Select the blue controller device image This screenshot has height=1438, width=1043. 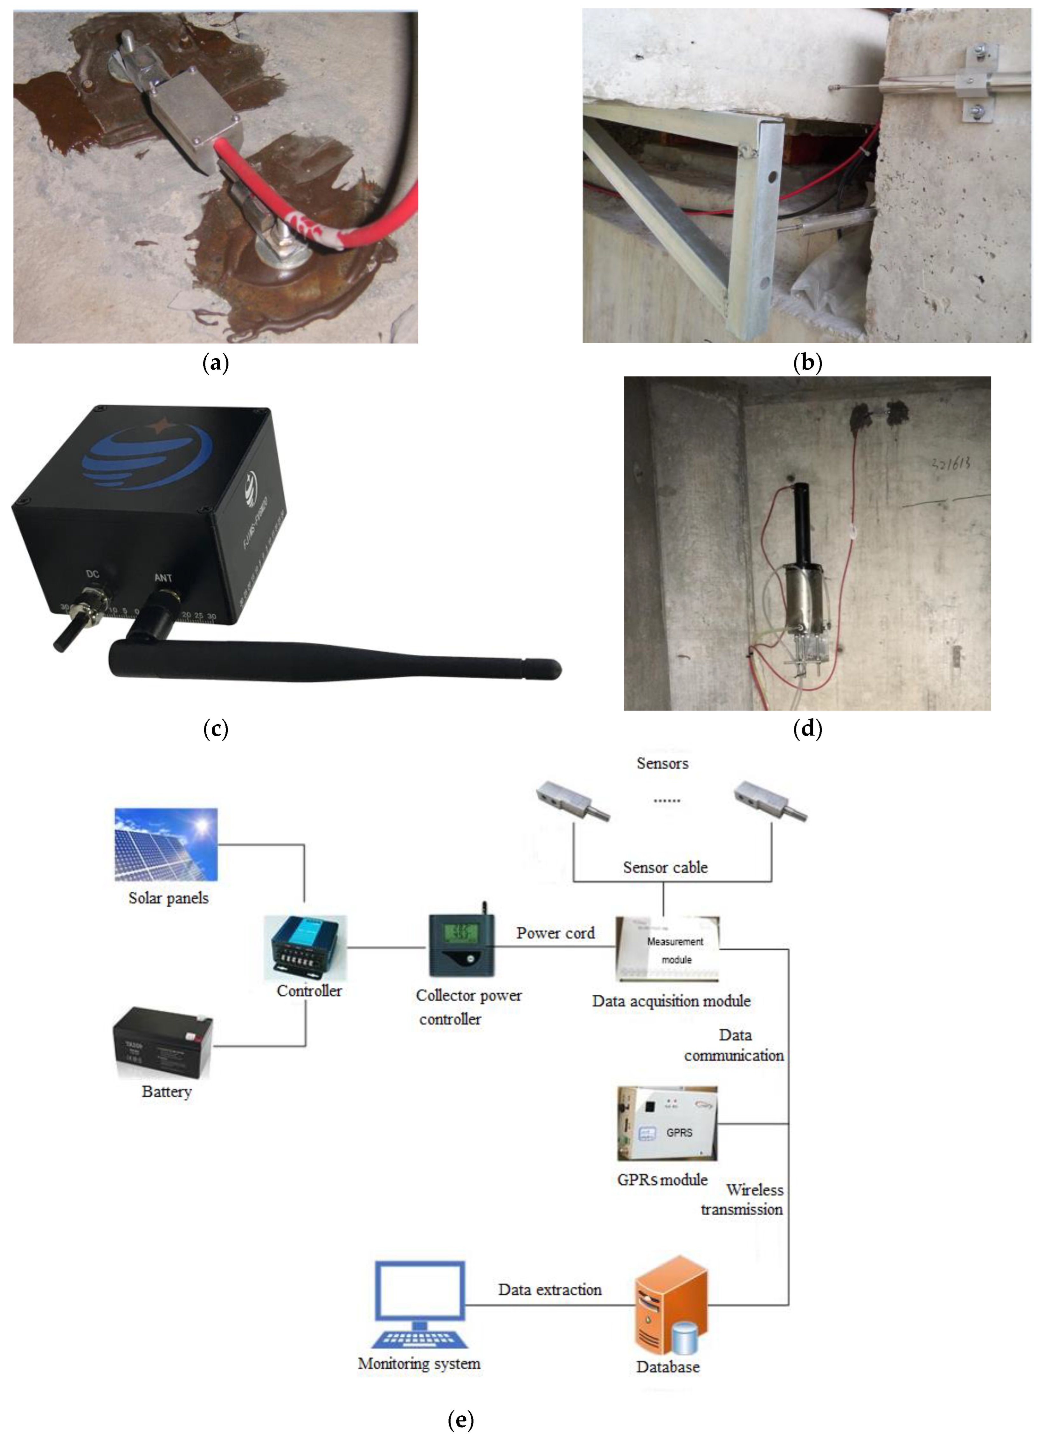pyautogui.click(x=306, y=947)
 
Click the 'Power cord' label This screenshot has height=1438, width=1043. pyautogui.click(x=555, y=933)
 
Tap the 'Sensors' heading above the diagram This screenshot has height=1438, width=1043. pyautogui.click(x=662, y=763)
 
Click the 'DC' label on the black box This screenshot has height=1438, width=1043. pyautogui.click(x=93, y=574)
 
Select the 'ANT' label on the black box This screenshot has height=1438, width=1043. pyautogui.click(x=163, y=578)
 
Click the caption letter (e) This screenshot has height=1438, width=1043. pyautogui.click(x=460, y=1419)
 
